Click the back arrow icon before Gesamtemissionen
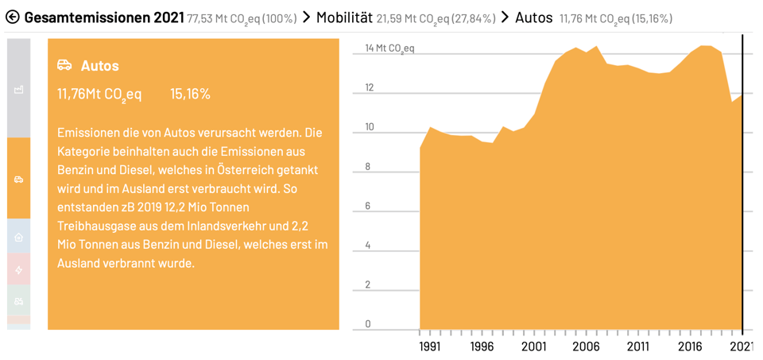coord(12,17)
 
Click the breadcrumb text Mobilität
coord(344,17)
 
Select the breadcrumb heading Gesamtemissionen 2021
coord(104,17)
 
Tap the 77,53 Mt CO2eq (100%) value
coord(242,18)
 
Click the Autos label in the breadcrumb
coord(533,17)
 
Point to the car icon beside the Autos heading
coord(64,65)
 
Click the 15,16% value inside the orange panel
coord(190,94)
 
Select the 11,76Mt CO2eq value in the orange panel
coord(99,95)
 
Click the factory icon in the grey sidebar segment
coord(19,90)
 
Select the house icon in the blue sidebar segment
coord(19,237)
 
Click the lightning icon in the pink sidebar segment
coord(19,269)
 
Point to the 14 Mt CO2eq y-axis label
coord(389,48)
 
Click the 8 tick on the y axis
coord(368,167)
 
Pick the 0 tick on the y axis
coord(368,324)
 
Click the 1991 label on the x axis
coord(430,346)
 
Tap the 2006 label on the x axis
coord(586,346)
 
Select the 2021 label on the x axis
coord(742,346)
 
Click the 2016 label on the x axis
coord(689,346)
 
